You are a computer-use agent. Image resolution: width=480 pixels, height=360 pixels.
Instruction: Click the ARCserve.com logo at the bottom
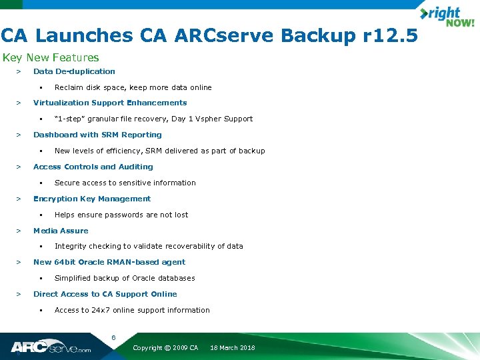point(51,347)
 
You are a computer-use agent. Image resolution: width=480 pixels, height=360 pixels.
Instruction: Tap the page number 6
point(113,338)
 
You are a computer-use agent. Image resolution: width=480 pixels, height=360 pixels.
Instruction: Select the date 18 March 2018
point(232,348)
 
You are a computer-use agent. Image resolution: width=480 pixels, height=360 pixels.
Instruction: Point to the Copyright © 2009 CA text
point(165,348)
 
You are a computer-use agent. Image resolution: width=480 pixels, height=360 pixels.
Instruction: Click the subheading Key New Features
point(51,58)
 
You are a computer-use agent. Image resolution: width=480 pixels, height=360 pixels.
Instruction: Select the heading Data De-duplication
point(74,71)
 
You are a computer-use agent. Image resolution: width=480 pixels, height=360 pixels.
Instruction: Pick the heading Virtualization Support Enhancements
point(110,103)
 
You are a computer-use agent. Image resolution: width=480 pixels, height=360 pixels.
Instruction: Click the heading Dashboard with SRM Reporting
point(97,135)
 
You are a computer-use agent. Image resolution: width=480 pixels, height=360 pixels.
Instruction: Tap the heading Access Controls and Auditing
point(93,167)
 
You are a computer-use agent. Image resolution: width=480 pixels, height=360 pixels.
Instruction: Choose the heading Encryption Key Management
point(92,199)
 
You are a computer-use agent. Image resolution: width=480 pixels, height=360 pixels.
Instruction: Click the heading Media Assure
point(61,231)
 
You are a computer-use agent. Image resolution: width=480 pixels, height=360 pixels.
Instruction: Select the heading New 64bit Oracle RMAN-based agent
point(109,262)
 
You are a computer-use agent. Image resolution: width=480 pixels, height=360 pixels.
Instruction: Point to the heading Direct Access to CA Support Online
point(105,294)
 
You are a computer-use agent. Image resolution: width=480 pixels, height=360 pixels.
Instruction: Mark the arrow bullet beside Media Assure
point(19,231)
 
